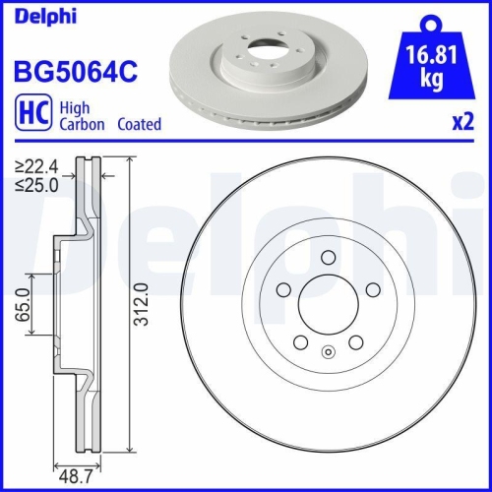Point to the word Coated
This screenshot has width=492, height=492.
coord(139,125)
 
